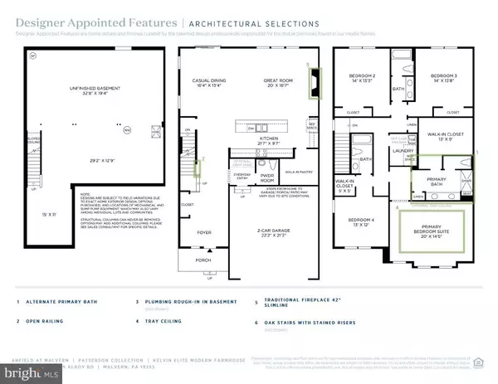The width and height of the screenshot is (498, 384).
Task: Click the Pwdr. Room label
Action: click(245, 177)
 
